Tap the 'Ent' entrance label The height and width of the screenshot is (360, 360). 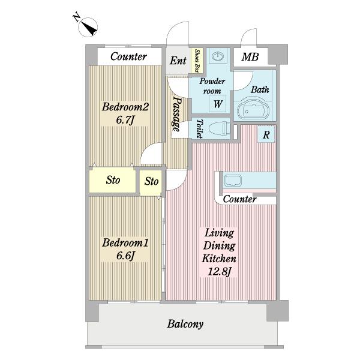178,61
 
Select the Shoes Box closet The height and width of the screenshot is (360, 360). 197,61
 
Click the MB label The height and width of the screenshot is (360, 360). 250,57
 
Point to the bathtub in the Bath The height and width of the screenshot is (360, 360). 253,109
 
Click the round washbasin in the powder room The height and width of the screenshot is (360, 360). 218,56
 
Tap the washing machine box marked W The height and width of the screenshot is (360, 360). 217,104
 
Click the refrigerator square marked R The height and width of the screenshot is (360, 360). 266,134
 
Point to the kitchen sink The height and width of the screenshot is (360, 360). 233,181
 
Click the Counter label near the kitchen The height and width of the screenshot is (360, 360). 239,199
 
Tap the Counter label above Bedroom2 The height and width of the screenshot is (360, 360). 128,56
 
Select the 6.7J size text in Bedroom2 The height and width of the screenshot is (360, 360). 125,120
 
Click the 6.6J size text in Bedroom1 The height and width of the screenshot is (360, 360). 125,256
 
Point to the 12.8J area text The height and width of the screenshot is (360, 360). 219,272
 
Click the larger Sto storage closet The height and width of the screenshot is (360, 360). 113,180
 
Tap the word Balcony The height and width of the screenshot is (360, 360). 185,324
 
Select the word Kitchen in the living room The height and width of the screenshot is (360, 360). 219,259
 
